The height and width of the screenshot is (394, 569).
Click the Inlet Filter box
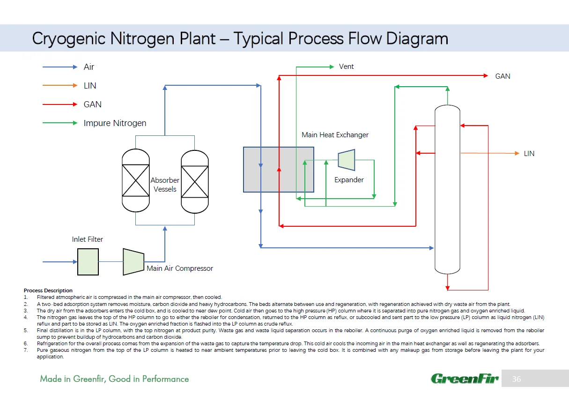88,261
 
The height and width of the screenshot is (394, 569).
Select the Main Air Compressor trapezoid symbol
133,261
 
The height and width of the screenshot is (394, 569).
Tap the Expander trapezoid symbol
347,160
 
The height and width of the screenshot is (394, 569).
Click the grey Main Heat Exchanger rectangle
278,169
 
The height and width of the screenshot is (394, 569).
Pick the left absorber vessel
135,180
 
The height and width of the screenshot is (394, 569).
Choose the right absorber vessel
194,180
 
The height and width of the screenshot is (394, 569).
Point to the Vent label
346,67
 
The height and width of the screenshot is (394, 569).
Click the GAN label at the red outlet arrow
502,76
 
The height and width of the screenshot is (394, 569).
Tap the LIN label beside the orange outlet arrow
529,154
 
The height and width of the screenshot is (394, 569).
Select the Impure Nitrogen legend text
115,123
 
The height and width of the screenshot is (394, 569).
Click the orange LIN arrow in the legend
60,85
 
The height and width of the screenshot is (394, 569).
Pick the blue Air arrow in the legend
60,67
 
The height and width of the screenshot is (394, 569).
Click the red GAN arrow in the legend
60,104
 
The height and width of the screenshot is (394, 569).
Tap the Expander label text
349,179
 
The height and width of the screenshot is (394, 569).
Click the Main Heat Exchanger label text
335,135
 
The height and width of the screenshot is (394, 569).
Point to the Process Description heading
48,290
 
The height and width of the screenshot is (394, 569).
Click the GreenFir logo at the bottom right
465,379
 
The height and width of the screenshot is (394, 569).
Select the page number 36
517,379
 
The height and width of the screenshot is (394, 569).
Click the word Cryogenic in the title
69,38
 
